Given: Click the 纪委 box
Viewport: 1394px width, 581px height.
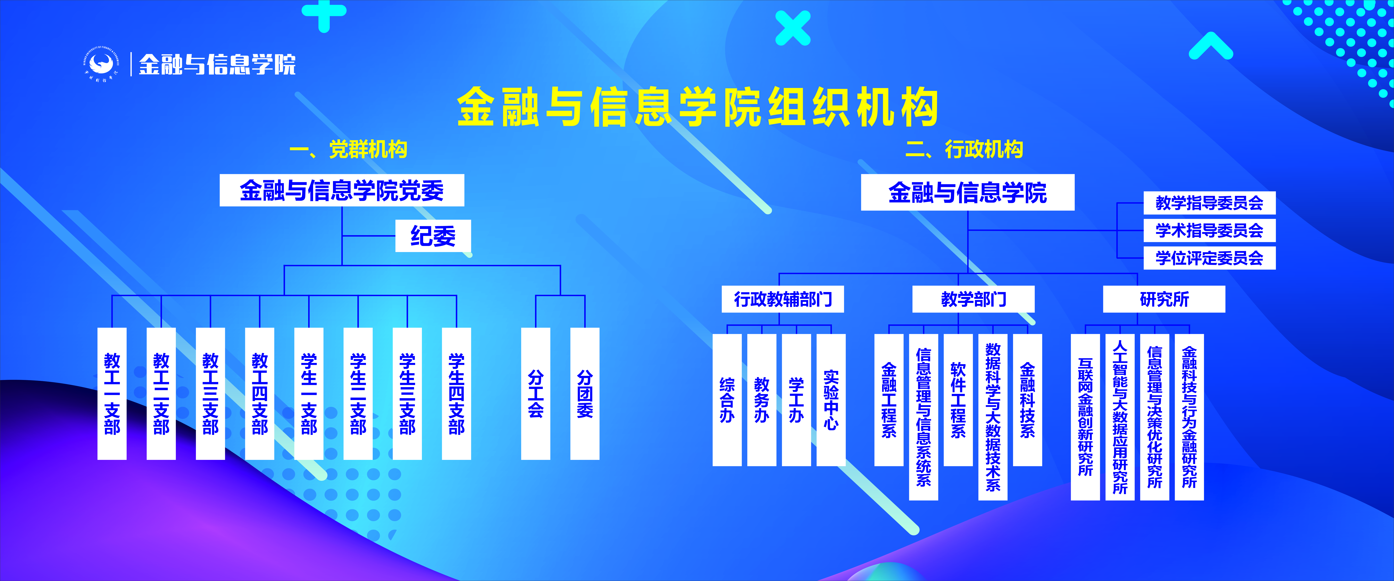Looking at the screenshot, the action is click(433, 235).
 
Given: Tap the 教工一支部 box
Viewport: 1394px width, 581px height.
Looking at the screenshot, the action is click(112, 394).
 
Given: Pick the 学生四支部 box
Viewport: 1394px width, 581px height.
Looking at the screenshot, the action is click(456, 394).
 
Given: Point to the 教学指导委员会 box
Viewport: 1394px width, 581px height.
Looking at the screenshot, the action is click(1209, 203).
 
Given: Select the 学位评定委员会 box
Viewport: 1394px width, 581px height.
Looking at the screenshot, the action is click(1209, 258).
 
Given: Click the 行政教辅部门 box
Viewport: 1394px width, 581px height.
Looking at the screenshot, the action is click(783, 299).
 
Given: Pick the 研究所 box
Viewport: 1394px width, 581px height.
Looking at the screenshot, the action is click(1164, 299).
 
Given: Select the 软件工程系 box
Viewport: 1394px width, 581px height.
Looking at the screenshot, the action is click(958, 400).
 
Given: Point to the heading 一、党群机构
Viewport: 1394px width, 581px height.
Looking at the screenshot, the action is click(349, 149).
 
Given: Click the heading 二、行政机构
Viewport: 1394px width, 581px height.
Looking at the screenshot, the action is click(964, 149).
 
